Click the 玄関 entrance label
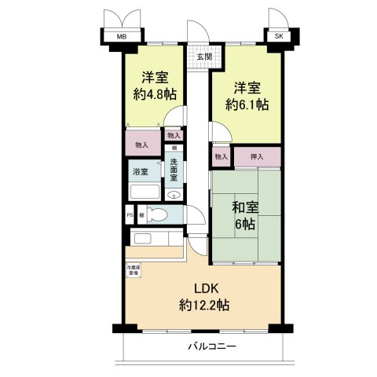pos(203,57)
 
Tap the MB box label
pos(122,37)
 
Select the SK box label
pos(278,37)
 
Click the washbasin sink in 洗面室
pos(174,196)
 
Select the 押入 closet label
pos(257,157)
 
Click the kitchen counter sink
pos(145,239)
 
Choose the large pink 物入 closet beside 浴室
pos(141,145)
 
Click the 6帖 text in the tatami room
pos(245,225)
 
